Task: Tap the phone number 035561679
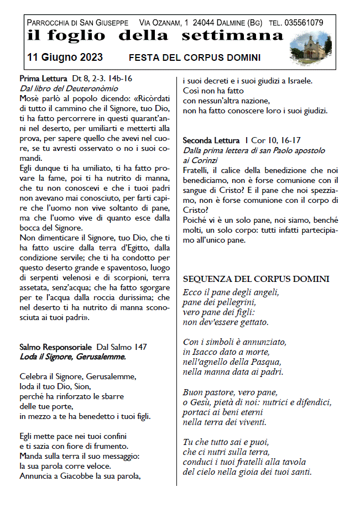(x=304, y=23)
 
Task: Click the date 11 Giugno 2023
(x=64, y=57)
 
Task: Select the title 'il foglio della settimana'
(x=155, y=36)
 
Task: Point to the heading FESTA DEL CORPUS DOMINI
(x=195, y=58)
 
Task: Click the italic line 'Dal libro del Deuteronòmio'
(x=69, y=88)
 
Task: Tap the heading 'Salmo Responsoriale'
(x=56, y=347)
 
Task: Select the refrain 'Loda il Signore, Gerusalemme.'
(x=72, y=357)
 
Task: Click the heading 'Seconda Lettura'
(x=211, y=141)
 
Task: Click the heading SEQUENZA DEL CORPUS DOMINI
(x=256, y=279)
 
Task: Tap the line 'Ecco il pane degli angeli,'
(x=231, y=292)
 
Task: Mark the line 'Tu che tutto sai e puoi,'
(x=226, y=442)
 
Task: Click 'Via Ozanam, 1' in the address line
(x=163, y=23)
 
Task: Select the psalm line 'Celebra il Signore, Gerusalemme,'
(x=77, y=376)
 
